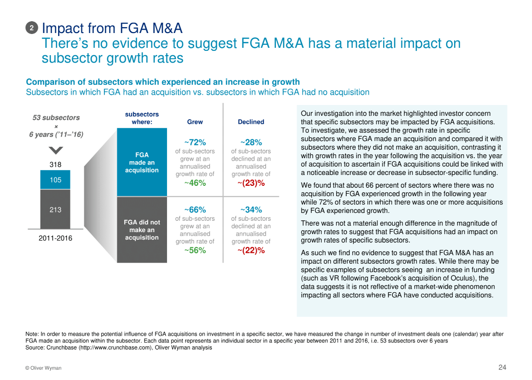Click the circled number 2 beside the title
tap(32, 29)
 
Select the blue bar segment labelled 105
tap(55, 180)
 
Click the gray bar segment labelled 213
tap(55, 209)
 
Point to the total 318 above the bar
tap(55, 165)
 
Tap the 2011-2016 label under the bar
tap(55, 239)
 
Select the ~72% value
tap(195, 142)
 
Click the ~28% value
tap(251, 142)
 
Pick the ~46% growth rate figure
tap(195, 183)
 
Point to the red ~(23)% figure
tap(251, 183)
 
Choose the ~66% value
tap(195, 210)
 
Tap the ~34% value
tap(251, 210)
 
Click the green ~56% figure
tap(195, 250)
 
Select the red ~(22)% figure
tap(251, 250)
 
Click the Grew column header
tap(195, 122)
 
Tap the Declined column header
tap(251, 122)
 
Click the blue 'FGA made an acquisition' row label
tap(142, 162)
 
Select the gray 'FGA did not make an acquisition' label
tap(142, 230)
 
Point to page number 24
tap(502, 367)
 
